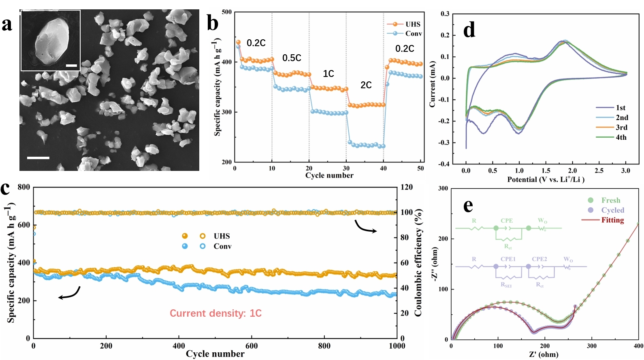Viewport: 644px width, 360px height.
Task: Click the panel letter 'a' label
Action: pyautogui.click(x=7, y=24)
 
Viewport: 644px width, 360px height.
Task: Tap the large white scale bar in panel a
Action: pyautogui.click(x=38, y=158)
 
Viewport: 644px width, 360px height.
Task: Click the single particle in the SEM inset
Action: pyautogui.click(x=51, y=39)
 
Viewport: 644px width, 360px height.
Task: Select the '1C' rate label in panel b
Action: pyautogui.click(x=328, y=74)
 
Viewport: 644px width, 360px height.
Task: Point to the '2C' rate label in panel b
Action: pyautogui.click(x=366, y=85)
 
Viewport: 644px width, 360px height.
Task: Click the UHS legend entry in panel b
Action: pyautogui.click(x=413, y=24)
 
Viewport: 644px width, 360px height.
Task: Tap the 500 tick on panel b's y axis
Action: pyautogui.click(x=227, y=12)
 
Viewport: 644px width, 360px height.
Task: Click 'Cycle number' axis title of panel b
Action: pyautogui.click(x=329, y=175)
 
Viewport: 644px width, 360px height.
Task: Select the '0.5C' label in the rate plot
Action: pyautogui.click(x=292, y=58)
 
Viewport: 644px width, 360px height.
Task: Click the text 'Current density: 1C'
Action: pyautogui.click(x=215, y=313)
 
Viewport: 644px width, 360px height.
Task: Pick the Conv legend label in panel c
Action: pyautogui.click(x=222, y=246)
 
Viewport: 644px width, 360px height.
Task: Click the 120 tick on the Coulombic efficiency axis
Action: pyautogui.click(x=406, y=187)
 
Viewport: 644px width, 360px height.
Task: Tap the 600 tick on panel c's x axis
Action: pyautogui.click(x=252, y=346)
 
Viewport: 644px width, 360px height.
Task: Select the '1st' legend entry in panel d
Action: pyautogui.click(x=621, y=108)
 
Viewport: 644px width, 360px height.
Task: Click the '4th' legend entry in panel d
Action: pyautogui.click(x=621, y=137)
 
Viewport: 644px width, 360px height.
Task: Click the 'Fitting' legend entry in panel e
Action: pyautogui.click(x=612, y=220)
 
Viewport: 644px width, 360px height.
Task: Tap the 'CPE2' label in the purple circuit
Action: pyautogui.click(x=539, y=259)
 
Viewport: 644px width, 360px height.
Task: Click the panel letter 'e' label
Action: pyautogui.click(x=468, y=206)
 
